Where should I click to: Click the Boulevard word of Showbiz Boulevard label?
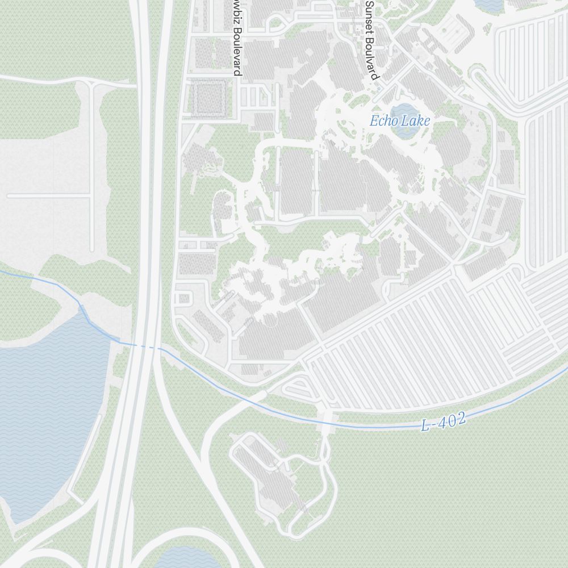pos(237,51)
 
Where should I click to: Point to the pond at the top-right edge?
pos(488,4)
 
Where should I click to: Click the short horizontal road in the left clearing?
pos(48,195)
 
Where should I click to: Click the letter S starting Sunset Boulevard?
pos(370,4)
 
